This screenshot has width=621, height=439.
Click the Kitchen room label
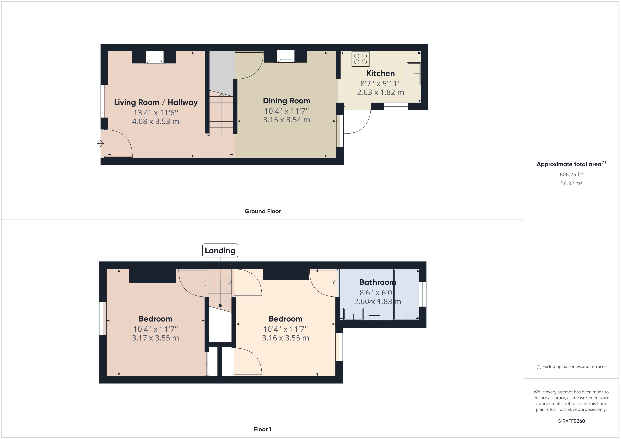tap(380, 73)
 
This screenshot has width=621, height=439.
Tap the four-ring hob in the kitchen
tap(360, 59)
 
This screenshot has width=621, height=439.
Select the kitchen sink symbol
tap(413, 74)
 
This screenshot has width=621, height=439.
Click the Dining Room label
tap(286, 101)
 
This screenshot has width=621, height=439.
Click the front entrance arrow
tap(101, 143)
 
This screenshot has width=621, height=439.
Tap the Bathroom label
tap(377, 282)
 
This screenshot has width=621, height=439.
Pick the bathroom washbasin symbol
tap(353, 314)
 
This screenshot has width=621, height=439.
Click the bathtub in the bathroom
tap(406, 294)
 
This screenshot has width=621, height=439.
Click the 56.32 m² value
tap(571, 183)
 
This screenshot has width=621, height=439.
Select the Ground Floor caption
tap(263, 211)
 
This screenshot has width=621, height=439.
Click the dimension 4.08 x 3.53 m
tap(156, 121)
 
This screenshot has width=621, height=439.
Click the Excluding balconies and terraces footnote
tap(571, 367)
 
